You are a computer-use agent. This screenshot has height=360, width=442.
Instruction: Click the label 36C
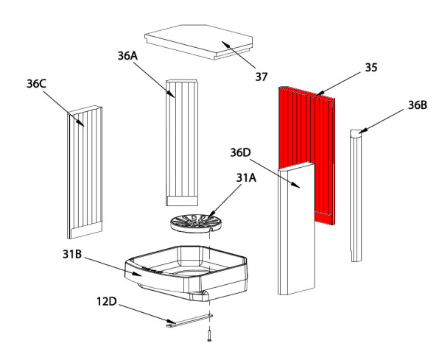pos(37,84)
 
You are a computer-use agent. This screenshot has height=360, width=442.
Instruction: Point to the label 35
pos(371,68)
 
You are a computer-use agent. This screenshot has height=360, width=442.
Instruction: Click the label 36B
pos(417,105)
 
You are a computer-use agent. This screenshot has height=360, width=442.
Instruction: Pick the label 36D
pos(240,152)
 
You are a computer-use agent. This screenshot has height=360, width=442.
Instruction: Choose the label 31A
pos(248,177)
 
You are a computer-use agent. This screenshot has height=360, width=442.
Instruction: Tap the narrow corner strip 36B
pos(357,199)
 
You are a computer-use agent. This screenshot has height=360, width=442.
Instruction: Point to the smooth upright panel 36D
pos(297,236)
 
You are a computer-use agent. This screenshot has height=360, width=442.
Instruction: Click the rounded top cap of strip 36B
pos(357,133)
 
